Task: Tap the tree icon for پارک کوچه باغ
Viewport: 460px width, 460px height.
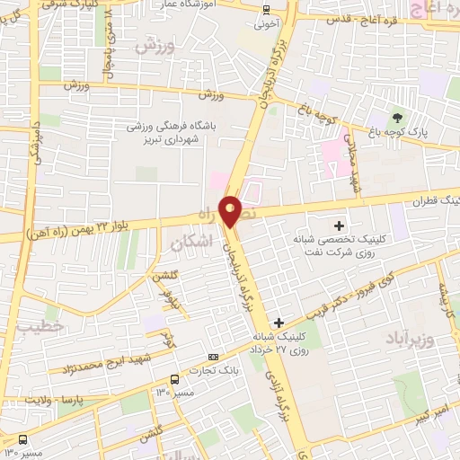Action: (396, 117)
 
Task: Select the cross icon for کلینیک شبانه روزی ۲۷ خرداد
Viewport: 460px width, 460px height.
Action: (279, 323)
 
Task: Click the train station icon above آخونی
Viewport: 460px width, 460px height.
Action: (265, 9)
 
